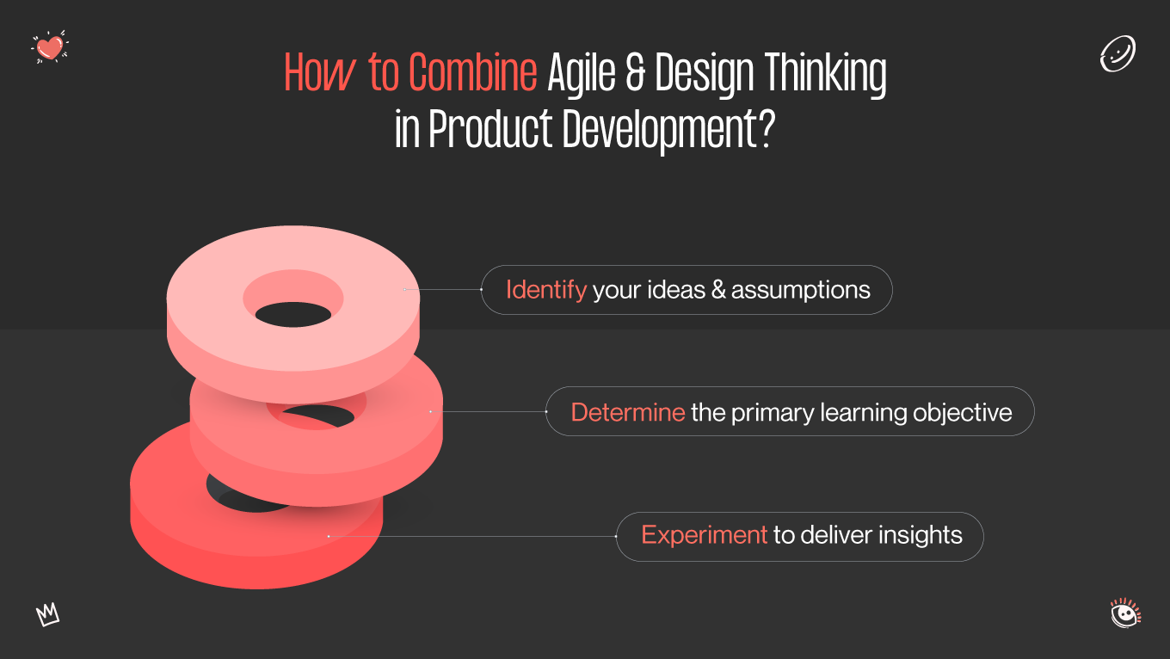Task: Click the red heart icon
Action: click(50, 47)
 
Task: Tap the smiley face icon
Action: click(1118, 53)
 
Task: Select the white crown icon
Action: click(48, 614)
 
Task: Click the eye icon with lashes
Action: click(1124, 613)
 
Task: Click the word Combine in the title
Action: click(473, 74)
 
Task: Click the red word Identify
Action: click(545, 290)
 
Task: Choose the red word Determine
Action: click(627, 412)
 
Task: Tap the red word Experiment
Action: click(704, 535)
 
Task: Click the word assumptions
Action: click(801, 290)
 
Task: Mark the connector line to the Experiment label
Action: click(473, 536)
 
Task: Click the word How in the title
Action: click(319, 75)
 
